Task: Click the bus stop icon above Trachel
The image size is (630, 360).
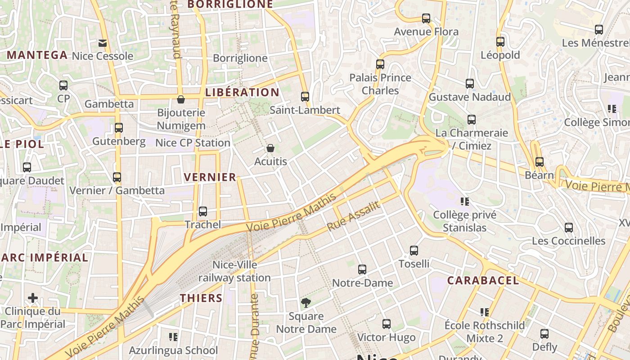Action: point(203,211)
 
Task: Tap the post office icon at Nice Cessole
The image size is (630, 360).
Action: point(103,43)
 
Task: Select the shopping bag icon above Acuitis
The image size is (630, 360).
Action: point(270,148)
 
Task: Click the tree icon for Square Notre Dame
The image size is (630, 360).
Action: point(306,303)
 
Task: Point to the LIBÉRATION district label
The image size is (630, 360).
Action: point(242,92)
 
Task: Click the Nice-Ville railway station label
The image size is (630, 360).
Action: point(234,271)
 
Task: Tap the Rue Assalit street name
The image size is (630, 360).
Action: point(354,216)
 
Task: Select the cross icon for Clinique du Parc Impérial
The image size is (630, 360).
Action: point(32,298)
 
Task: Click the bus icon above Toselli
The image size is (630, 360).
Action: point(414,250)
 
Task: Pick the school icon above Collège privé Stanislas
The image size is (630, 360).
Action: point(465,202)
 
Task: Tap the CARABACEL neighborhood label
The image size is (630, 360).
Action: point(483,281)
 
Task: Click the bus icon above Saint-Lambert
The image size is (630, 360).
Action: point(305,96)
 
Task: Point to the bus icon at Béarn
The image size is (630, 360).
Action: point(540,162)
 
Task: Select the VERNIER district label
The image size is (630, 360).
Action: point(210,177)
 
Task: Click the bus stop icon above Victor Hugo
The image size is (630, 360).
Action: point(386,324)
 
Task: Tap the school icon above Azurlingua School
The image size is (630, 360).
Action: point(173,337)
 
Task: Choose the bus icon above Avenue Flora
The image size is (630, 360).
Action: point(426,18)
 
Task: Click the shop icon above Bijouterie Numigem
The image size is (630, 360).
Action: point(181,99)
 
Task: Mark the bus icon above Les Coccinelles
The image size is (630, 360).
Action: point(569,227)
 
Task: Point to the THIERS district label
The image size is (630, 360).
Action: point(201,298)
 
